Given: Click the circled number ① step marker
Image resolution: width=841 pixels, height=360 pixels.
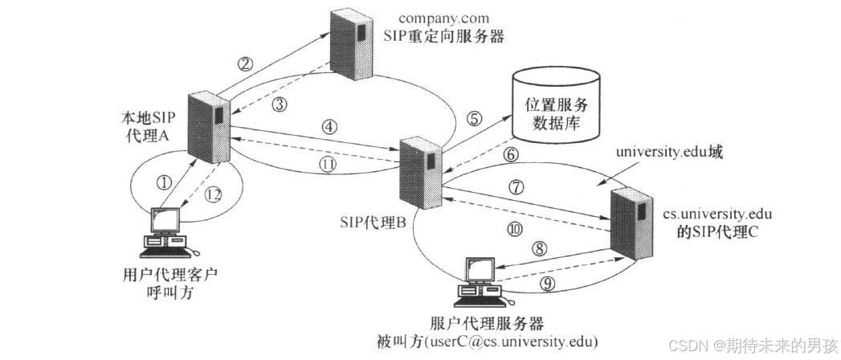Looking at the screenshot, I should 165,183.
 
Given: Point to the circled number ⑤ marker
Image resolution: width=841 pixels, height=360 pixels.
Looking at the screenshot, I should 475,119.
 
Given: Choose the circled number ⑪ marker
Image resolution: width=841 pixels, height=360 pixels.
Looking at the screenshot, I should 326,166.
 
